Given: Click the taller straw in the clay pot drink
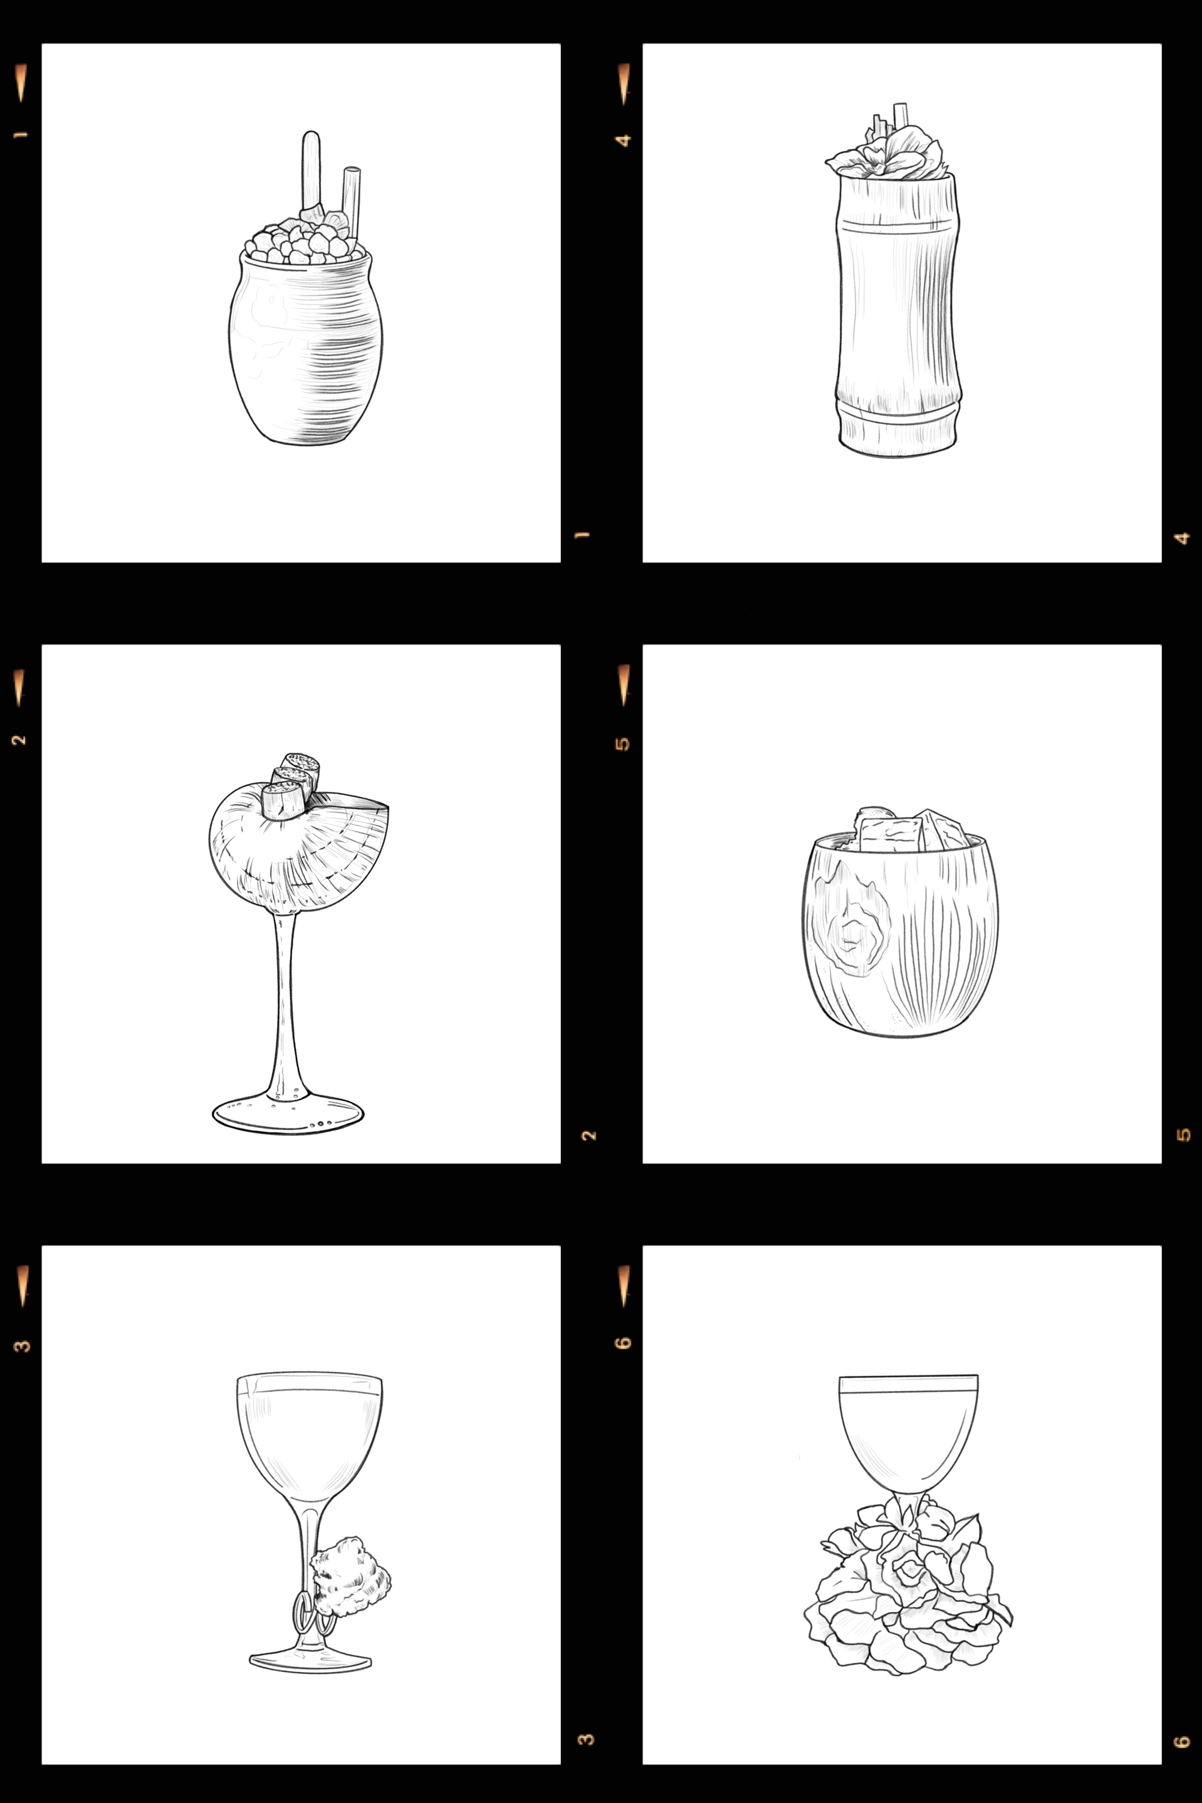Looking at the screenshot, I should point(311,165).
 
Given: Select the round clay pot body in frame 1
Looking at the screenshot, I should point(305,353).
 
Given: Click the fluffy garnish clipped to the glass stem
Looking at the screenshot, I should point(351,1572).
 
